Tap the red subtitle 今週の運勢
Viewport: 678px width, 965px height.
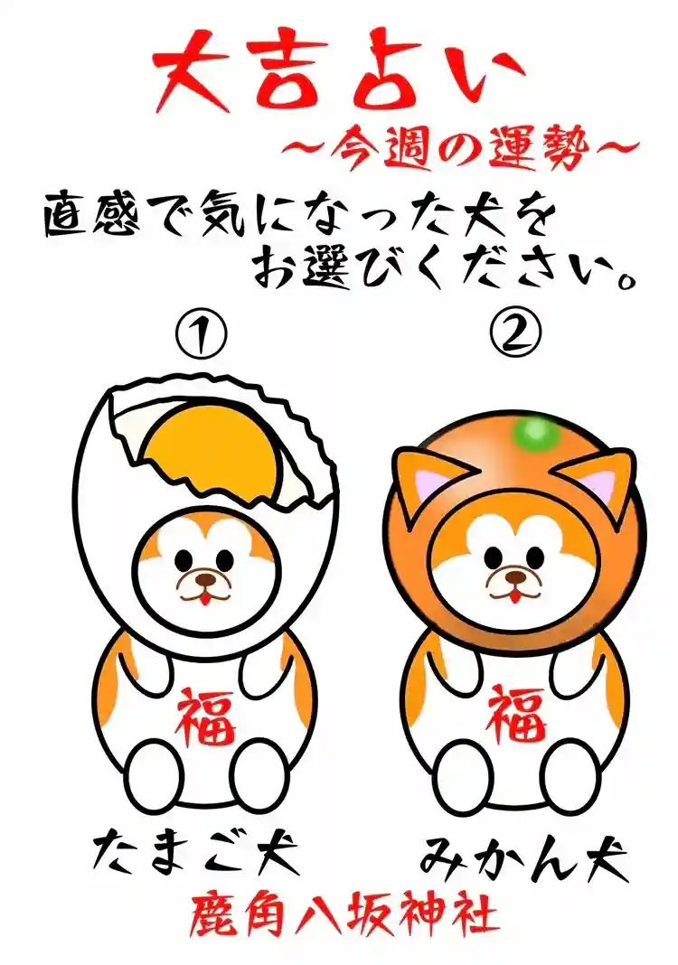click(x=458, y=148)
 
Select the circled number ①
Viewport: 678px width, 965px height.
click(x=201, y=333)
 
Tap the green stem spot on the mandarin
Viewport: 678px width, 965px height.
click(x=533, y=433)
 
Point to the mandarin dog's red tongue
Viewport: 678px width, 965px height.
click(x=513, y=595)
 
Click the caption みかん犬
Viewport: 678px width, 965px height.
click(x=524, y=856)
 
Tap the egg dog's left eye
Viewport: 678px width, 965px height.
click(x=183, y=559)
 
